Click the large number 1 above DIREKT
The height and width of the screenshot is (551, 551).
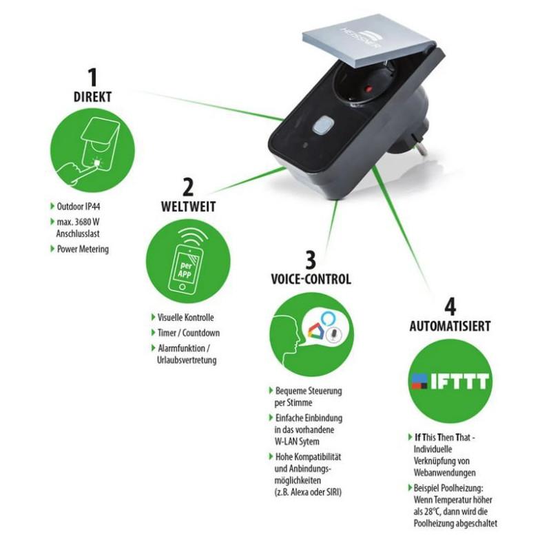(x=93, y=77)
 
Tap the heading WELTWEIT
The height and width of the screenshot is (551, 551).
(x=188, y=207)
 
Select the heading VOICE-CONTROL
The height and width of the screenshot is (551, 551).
(x=311, y=280)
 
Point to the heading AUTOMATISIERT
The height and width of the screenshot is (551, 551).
(x=450, y=326)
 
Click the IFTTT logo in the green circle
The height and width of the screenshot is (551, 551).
(x=450, y=382)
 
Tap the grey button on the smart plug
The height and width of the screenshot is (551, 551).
(x=323, y=125)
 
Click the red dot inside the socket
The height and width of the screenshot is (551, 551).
(x=368, y=89)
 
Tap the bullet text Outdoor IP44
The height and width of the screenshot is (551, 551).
(x=79, y=206)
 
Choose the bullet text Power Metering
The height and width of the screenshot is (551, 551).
(x=83, y=249)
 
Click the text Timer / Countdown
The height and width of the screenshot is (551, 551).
(x=189, y=333)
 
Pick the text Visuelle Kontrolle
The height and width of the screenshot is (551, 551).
(x=185, y=318)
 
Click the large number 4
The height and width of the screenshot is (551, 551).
(x=450, y=306)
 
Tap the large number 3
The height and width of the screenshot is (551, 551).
(x=311, y=260)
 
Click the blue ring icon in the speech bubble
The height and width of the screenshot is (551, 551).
(x=329, y=318)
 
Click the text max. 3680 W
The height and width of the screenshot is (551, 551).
(x=78, y=222)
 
